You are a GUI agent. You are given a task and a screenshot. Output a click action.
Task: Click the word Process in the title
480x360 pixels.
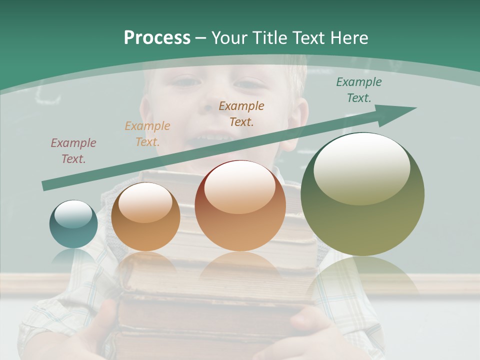click(x=157, y=38)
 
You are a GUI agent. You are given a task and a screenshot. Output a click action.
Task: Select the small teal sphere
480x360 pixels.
click(x=73, y=224)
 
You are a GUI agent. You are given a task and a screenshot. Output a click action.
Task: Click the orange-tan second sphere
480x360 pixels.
click(x=145, y=216)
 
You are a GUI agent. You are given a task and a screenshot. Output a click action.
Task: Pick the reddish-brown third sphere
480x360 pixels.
click(x=240, y=206)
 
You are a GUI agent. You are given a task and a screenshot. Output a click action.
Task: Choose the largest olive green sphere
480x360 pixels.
click(x=362, y=194)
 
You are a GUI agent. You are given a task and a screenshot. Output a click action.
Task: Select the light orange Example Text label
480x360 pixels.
click(x=147, y=134)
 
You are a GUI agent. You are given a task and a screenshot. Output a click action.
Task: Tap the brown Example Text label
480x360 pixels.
click(x=241, y=113)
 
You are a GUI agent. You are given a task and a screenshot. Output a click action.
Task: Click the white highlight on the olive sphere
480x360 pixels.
click(x=361, y=167)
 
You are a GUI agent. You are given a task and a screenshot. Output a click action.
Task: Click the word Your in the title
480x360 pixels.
click(x=229, y=38)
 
